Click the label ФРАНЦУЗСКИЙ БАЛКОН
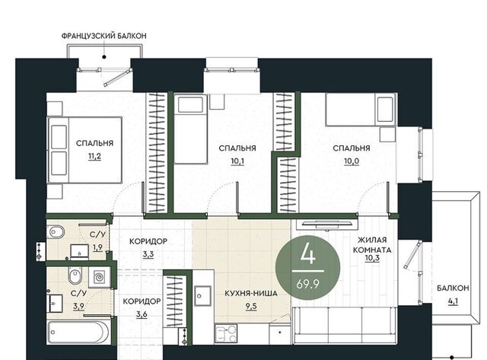[x=103, y=36]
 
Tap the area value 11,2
[x=94, y=156]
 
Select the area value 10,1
[x=237, y=161]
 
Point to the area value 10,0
[x=352, y=161]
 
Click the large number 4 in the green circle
[x=307, y=253]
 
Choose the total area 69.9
[x=307, y=284]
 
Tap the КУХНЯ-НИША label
[x=251, y=293]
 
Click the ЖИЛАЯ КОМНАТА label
[x=372, y=245]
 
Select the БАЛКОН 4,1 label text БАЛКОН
[x=453, y=288]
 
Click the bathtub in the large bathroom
[x=78, y=332]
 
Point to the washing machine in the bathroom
[x=99, y=277]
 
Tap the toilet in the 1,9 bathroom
[x=56, y=231]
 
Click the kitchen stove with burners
[x=226, y=333]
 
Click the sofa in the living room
[x=345, y=325]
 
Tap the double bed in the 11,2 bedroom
[x=84, y=150]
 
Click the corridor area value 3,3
[x=148, y=254]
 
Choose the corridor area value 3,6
[x=142, y=314]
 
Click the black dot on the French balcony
[x=105, y=57]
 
